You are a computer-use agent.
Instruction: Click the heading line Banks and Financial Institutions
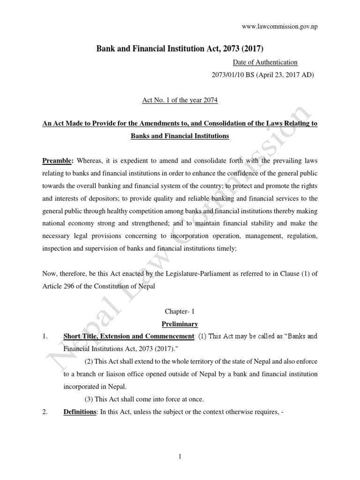pyautogui.click(x=180, y=136)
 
